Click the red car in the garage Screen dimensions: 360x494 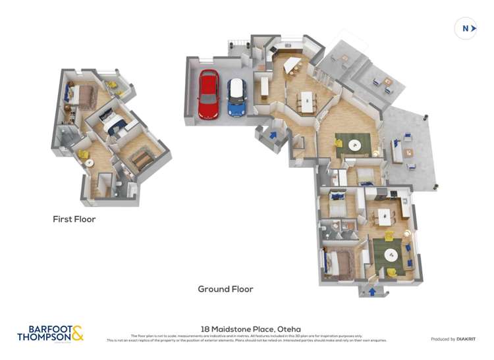coord(208,95)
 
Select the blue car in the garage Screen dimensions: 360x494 coord(236,97)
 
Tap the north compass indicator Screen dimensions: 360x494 coord(465,28)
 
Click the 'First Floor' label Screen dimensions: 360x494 coord(74,219)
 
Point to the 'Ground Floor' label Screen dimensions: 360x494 coord(226,289)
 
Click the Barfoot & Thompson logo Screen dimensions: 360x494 coord(51,333)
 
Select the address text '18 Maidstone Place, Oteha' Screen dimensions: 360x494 coord(246,326)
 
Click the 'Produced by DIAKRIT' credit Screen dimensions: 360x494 coord(453,339)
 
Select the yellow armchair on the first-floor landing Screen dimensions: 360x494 coord(84,155)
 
